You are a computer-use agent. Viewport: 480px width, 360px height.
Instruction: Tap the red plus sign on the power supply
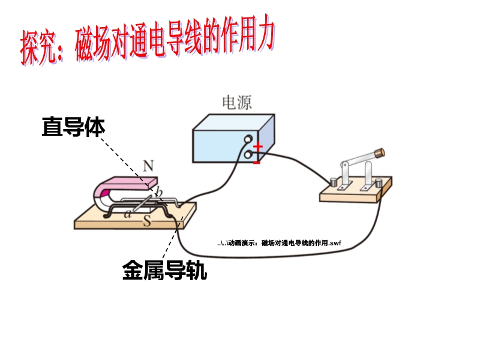pos(258,146)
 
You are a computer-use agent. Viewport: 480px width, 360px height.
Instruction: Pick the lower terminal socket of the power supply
pos(247,155)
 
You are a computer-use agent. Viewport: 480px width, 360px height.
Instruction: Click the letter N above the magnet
pos(148,166)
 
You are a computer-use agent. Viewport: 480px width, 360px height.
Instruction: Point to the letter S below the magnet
pos(146,221)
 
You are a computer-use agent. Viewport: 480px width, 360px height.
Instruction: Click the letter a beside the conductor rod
pos(127,214)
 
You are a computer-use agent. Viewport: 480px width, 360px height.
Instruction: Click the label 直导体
pos(73,127)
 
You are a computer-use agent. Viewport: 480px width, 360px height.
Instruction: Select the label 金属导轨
pos(164,271)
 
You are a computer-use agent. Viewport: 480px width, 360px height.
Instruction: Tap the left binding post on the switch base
pos(334,180)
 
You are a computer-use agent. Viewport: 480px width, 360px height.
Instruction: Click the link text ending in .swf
pos(280,243)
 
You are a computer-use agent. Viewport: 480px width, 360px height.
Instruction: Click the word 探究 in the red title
pos(39,48)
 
